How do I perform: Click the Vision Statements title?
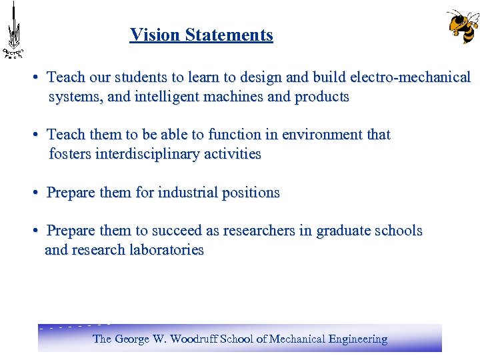[201, 35]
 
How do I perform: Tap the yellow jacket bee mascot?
[463, 26]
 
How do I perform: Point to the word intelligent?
[167, 97]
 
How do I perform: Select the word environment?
[322, 135]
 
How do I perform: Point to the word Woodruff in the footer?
[195, 339]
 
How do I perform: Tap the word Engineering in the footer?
[357, 339]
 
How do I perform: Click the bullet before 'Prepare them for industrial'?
[35, 193]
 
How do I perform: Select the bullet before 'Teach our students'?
[35, 77]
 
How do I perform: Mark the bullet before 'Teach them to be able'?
[35, 135]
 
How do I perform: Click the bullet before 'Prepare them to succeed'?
[35, 231]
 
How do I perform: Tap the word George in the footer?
[133, 339]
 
